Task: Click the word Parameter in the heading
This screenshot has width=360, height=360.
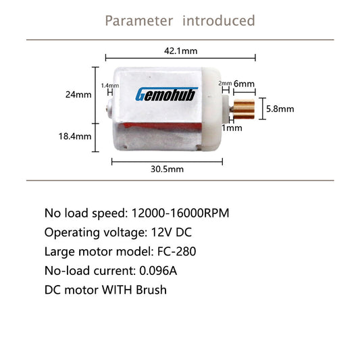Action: (x=139, y=21)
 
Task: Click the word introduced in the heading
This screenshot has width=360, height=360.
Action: (x=219, y=20)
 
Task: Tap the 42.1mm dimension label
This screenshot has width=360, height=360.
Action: (x=181, y=51)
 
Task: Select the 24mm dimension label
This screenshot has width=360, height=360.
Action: (x=78, y=95)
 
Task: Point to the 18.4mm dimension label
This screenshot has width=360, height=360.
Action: (x=75, y=136)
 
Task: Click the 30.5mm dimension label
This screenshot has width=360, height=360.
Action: (x=167, y=170)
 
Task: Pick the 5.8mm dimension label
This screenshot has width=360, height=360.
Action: (x=280, y=109)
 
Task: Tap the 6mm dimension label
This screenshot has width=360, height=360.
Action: (x=244, y=84)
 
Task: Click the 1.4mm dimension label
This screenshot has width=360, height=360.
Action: (x=110, y=86)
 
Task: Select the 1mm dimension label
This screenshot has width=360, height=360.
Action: (x=232, y=128)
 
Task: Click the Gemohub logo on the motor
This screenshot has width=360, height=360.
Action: (x=166, y=94)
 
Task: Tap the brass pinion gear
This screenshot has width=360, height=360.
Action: (x=244, y=109)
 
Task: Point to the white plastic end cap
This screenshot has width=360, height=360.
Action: (x=211, y=109)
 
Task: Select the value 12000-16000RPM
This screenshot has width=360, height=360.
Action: (x=180, y=213)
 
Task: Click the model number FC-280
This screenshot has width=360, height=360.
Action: (x=176, y=251)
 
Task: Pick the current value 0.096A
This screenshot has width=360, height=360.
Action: (x=158, y=271)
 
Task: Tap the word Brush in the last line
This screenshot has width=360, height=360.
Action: (x=151, y=290)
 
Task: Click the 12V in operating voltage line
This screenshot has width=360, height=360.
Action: (x=161, y=232)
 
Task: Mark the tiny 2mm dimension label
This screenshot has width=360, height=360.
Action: (x=225, y=83)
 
